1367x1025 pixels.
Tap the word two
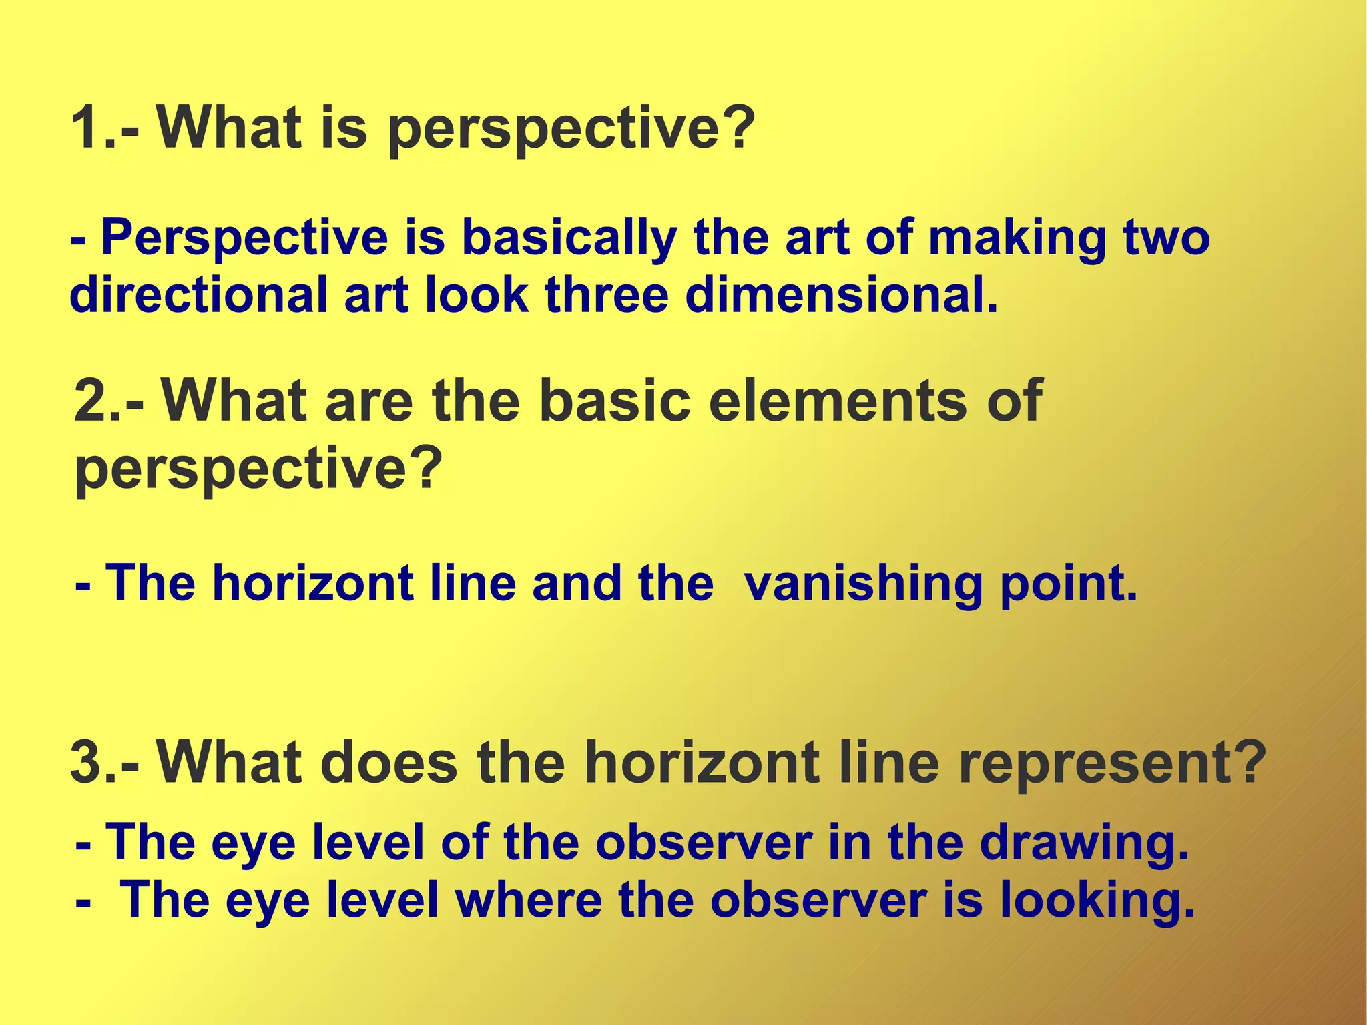[x=1165, y=238]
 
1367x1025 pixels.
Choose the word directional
[x=198, y=295]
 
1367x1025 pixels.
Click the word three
[x=606, y=295]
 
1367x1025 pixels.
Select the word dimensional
[x=841, y=295]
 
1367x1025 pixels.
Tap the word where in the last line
[x=529, y=901]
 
